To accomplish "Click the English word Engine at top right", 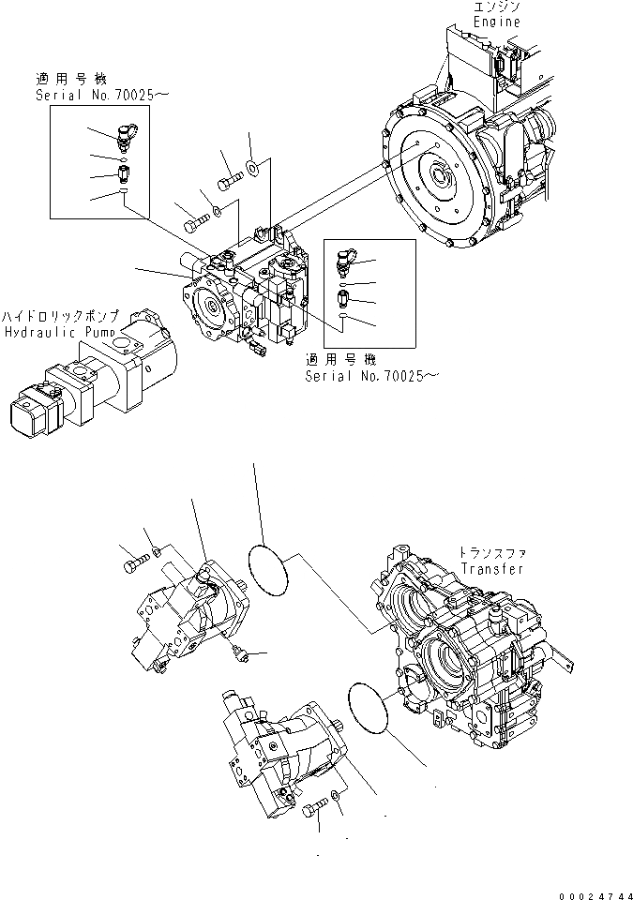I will [x=496, y=21].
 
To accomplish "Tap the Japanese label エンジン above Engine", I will [x=498, y=7].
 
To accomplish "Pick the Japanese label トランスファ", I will [x=486, y=554].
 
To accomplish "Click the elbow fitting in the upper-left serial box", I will [x=127, y=136].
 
